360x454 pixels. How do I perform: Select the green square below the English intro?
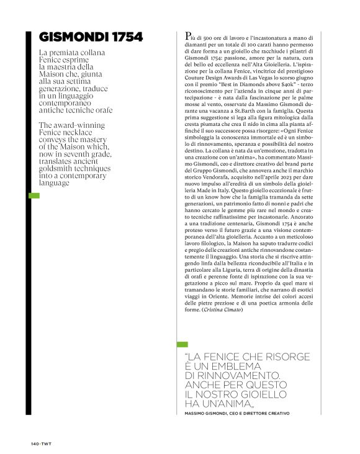35,196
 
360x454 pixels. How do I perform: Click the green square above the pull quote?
182,344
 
